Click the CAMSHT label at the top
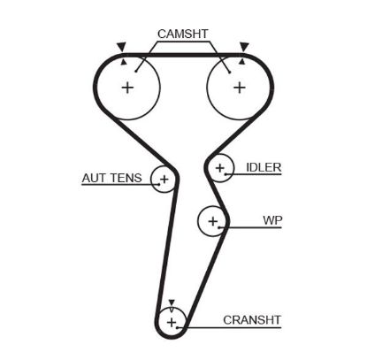coord(182,34)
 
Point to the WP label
coord(271,218)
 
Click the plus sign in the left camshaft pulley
coord(127,88)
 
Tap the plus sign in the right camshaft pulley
coord(239,88)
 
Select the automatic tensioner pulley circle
coord(162,180)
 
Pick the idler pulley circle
coord(220,167)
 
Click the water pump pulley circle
coord(212,220)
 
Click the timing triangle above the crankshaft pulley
coord(172,301)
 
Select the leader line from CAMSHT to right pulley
coord(223,53)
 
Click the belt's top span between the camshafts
coord(183,54)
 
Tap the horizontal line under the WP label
coord(256,228)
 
